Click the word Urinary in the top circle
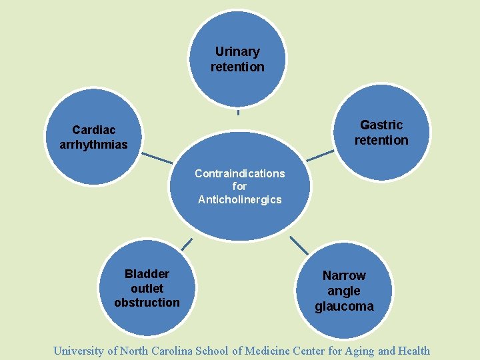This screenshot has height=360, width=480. [237, 51]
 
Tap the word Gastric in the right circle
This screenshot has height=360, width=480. [381, 125]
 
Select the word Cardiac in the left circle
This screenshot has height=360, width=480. [93, 129]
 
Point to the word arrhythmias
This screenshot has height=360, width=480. [93, 144]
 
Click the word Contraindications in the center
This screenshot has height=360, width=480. [239, 173]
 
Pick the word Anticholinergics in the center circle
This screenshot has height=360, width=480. [239, 199]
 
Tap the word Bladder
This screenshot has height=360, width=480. [147, 274]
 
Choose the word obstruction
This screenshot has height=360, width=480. [147, 303]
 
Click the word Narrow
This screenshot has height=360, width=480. [344, 275]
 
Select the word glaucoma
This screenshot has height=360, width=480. [344, 307]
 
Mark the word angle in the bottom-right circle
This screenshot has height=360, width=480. [344, 291]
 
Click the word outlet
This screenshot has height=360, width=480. [147, 289]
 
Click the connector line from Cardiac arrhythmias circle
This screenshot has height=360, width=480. [157, 159]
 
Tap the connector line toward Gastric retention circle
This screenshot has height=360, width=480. [320, 155]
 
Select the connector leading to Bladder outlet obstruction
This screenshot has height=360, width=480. [187, 244]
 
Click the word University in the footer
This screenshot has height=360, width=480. [78, 351]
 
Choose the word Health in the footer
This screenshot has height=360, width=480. [413, 351]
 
